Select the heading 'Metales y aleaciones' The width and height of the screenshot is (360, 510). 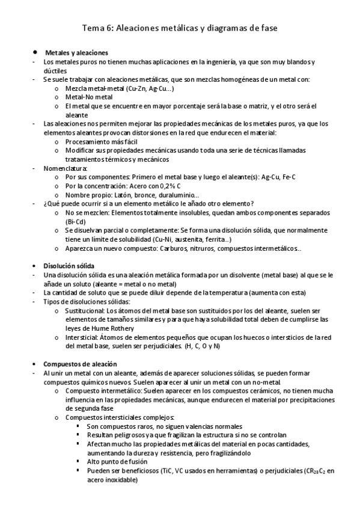point(76,53)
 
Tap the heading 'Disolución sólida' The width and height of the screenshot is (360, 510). point(69,266)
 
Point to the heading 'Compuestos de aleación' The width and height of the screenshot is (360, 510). point(80,364)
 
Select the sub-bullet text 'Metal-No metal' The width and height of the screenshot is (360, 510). point(89,97)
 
